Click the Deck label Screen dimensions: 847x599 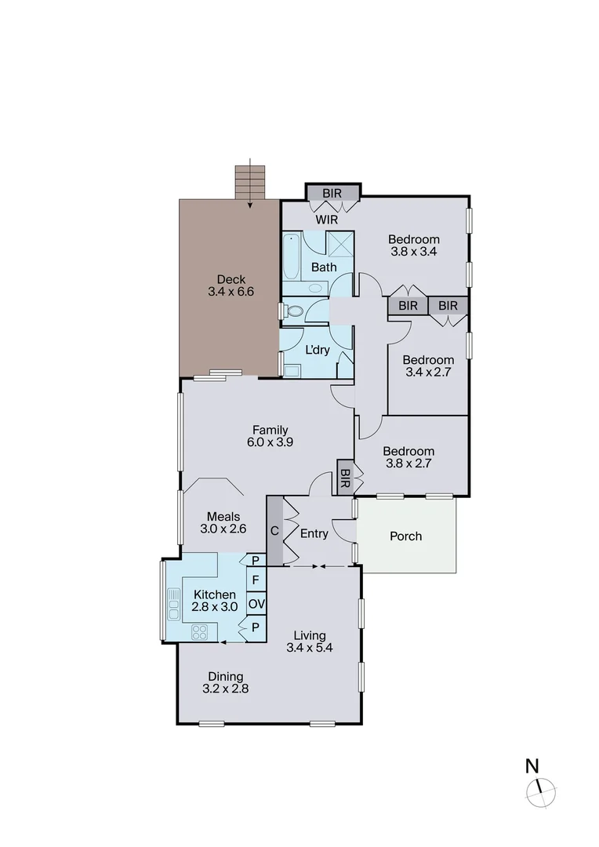tap(231, 279)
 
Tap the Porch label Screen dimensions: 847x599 tap(405, 536)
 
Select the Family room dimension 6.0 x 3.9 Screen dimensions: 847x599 tap(270, 442)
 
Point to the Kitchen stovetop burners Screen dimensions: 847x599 tap(199, 631)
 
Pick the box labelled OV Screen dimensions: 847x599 tap(256, 604)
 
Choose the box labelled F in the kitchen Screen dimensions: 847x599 tap(256, 580)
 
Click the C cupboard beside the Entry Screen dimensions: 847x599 tap(274, 530)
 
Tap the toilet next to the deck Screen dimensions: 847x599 tap(294, 311)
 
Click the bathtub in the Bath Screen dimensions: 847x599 tap(291, 256)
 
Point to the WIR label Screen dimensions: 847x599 tap(327, 220)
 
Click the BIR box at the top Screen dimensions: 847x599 tap(332, 193)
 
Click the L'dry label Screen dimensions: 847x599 tap(317, 350)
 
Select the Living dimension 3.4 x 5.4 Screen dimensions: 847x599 tap(310, 649)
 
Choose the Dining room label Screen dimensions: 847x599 tap(225, 677)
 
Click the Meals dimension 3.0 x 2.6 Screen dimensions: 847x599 tap(223, 529)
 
